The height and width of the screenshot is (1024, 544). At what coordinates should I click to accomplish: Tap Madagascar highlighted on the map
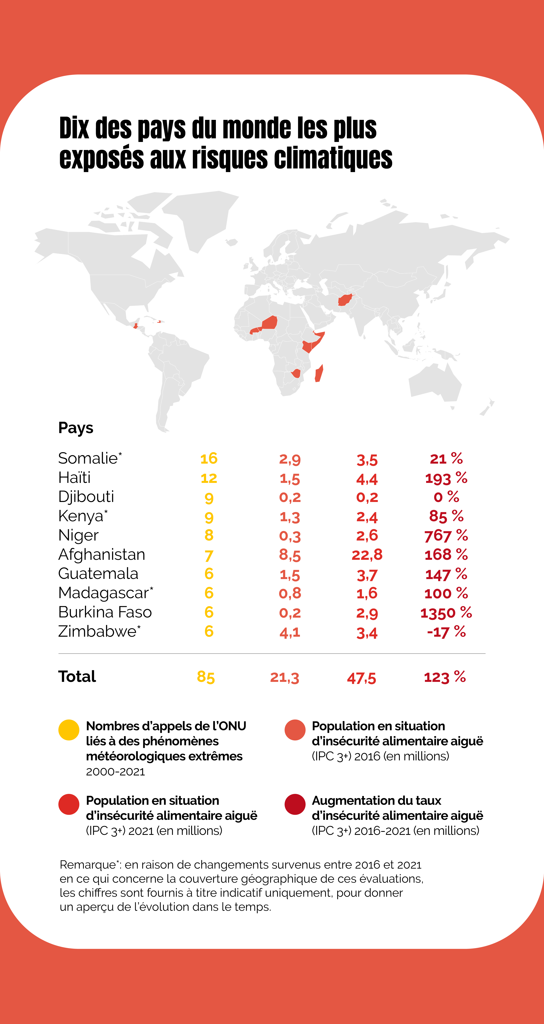319,374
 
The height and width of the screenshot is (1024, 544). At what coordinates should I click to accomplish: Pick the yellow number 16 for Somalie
209,458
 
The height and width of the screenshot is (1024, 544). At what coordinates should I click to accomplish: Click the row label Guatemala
98,574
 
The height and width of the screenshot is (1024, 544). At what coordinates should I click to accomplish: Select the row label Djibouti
86,497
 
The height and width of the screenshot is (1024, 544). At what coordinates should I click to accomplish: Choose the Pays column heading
76,428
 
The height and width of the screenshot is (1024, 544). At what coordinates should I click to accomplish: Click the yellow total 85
206,677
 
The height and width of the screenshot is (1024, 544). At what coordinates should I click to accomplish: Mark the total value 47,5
361,678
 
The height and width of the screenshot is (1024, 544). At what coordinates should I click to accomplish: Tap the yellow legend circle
69,730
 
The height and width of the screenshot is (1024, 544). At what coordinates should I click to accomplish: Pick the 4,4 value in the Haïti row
367,479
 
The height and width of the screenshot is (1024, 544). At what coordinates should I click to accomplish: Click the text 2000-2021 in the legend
115,772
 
